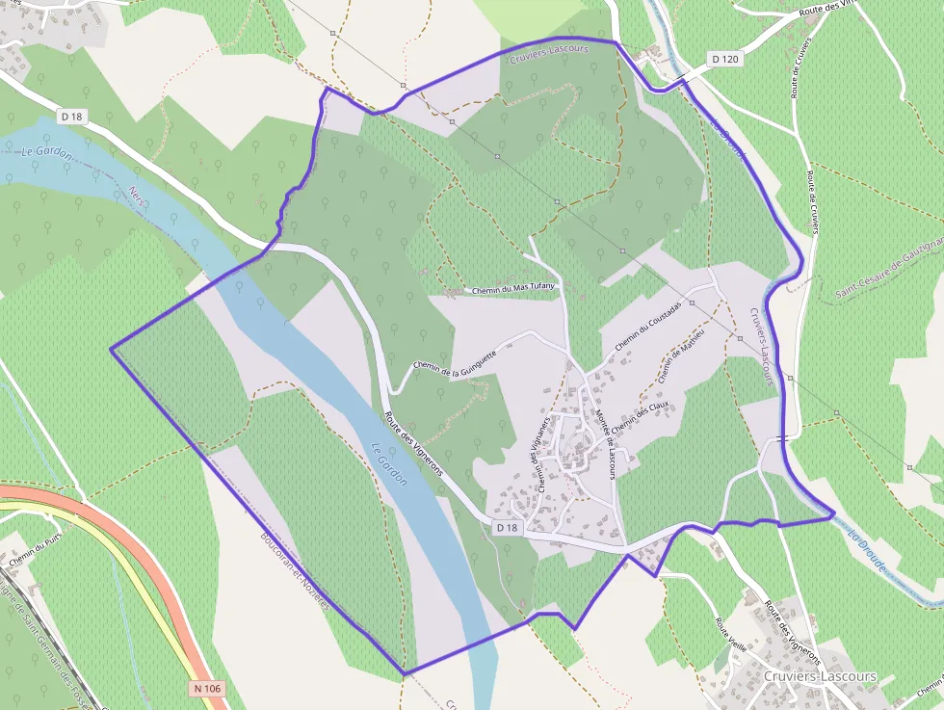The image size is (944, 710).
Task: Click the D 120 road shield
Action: [x=725, y=59]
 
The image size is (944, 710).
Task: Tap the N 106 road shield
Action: [x=206, y=688]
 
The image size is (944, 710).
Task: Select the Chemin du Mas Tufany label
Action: [x=512, y=289]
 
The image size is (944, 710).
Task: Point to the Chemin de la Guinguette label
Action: [x=455, y=359]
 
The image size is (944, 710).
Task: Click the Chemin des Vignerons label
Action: [x=540, y=460]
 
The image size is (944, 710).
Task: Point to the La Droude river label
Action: [x=868, y=550]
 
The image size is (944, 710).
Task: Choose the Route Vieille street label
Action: [x=730, y=635]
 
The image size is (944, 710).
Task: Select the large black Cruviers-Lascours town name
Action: [x=819, y=676]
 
